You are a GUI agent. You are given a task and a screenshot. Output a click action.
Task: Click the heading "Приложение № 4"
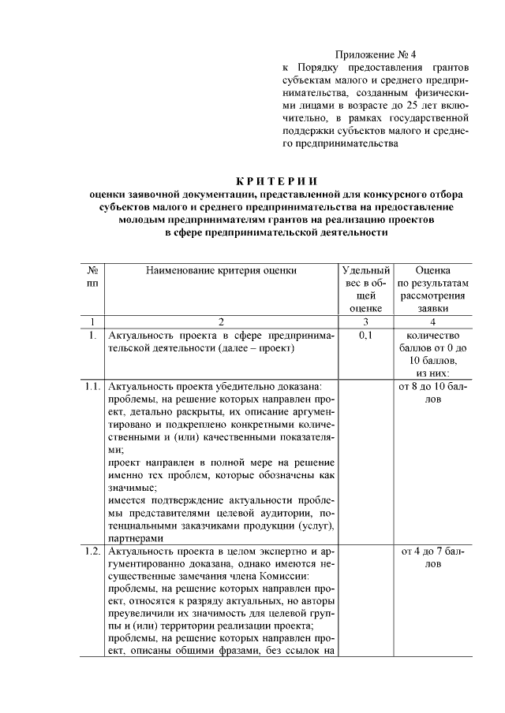375,54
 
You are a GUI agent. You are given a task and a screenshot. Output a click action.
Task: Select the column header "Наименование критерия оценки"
221,270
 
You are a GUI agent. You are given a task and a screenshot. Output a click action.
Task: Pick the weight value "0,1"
365,335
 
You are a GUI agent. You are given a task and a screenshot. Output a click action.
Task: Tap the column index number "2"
221,321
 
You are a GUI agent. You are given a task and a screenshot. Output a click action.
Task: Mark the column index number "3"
365,321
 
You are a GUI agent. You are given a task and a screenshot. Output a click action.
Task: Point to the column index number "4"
432,321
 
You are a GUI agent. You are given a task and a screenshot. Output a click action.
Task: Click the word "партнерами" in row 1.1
133,538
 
